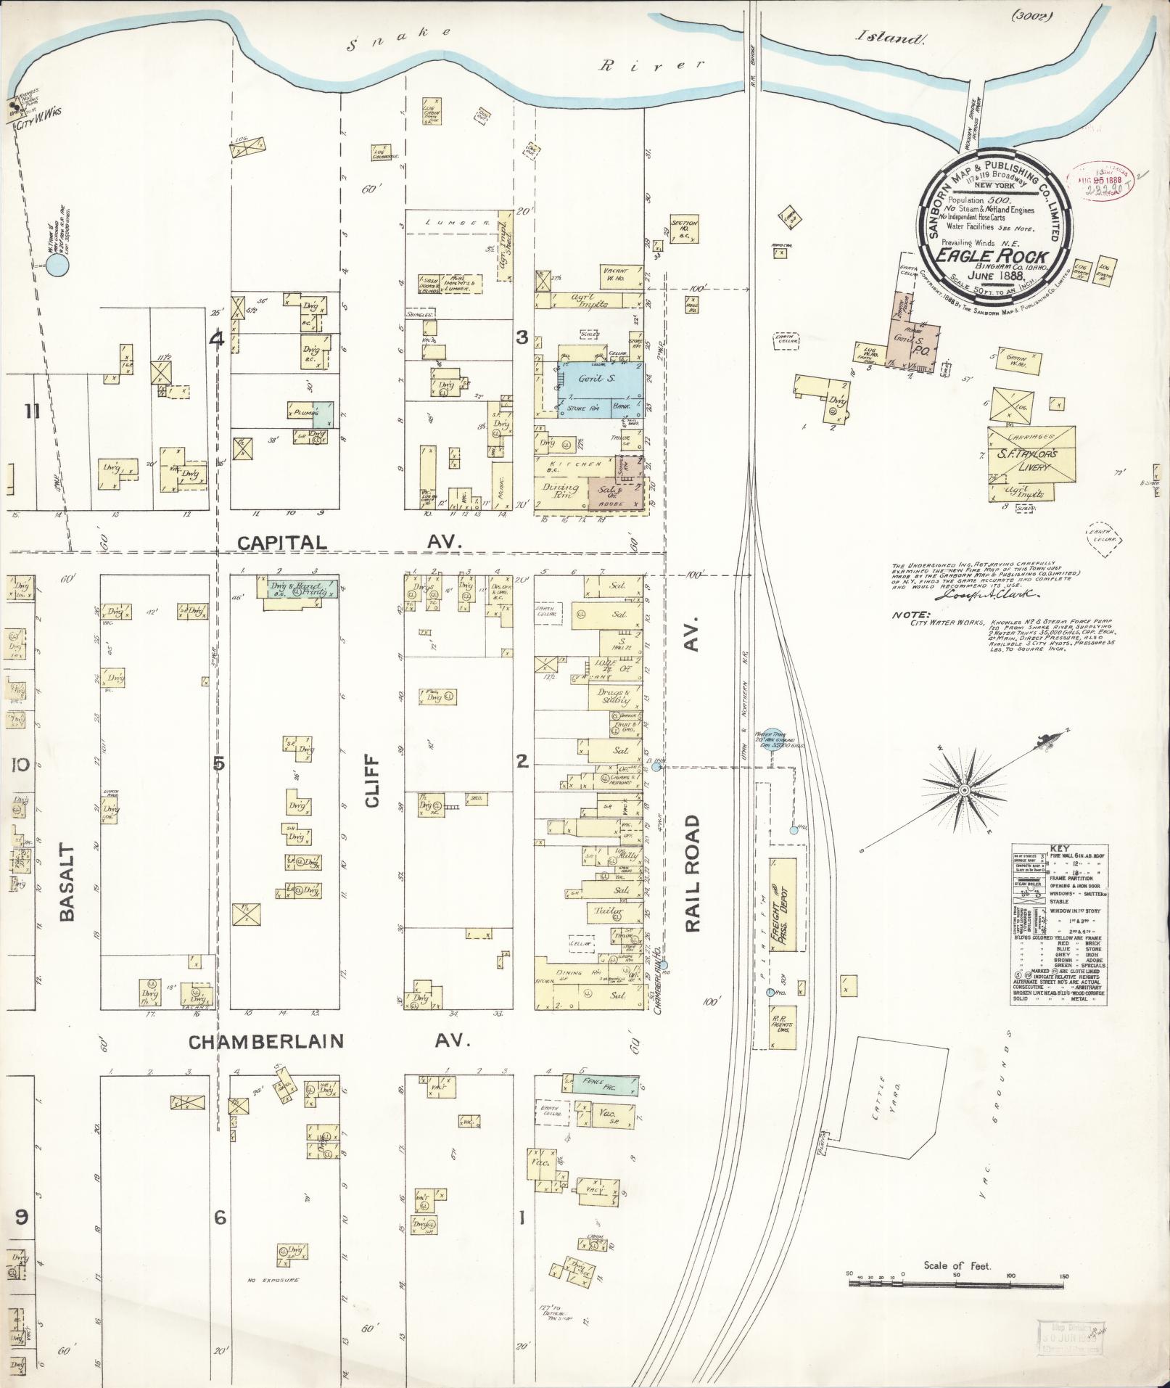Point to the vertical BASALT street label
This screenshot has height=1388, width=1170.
[67, 882]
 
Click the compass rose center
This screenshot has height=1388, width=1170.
[965, 789]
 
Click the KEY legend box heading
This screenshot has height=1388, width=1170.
[1058, 848]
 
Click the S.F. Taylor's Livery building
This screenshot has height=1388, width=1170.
[1031, 460]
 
